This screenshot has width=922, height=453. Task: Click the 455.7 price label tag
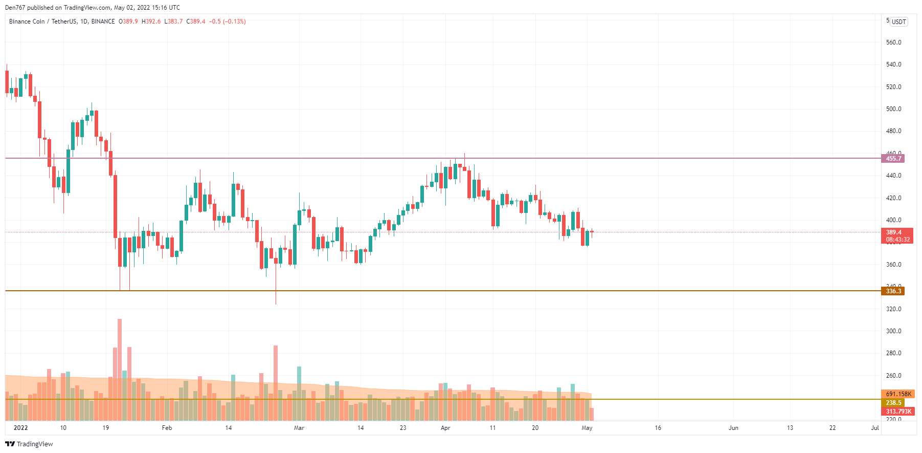coord(893,159)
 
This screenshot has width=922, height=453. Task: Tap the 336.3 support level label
coord(893,291)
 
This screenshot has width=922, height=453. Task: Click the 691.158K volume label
coord(898,394)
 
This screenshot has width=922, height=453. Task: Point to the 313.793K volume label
coord(898,412)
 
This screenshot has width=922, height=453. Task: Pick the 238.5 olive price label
coord(893,403)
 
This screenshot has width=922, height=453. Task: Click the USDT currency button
coord(898,22)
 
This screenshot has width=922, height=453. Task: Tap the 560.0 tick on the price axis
coord(893,42)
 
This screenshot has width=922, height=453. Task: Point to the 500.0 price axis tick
coord(893,109)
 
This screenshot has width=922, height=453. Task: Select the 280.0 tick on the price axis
coord(893,353)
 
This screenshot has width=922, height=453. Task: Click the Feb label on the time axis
coord(167,428)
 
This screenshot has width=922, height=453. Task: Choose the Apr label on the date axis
coord(445,428)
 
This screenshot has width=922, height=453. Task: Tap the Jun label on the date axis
coord(733,428)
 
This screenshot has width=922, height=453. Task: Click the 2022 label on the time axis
coord(20,428)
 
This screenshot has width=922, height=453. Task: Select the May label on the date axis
coord(587,428)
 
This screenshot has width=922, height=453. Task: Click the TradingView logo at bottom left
coord(29,444)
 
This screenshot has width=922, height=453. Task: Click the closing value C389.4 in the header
coord(196,21)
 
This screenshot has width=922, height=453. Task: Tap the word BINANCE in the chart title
coord(103,21)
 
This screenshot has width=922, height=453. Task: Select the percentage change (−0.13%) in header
coord(235,21)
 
